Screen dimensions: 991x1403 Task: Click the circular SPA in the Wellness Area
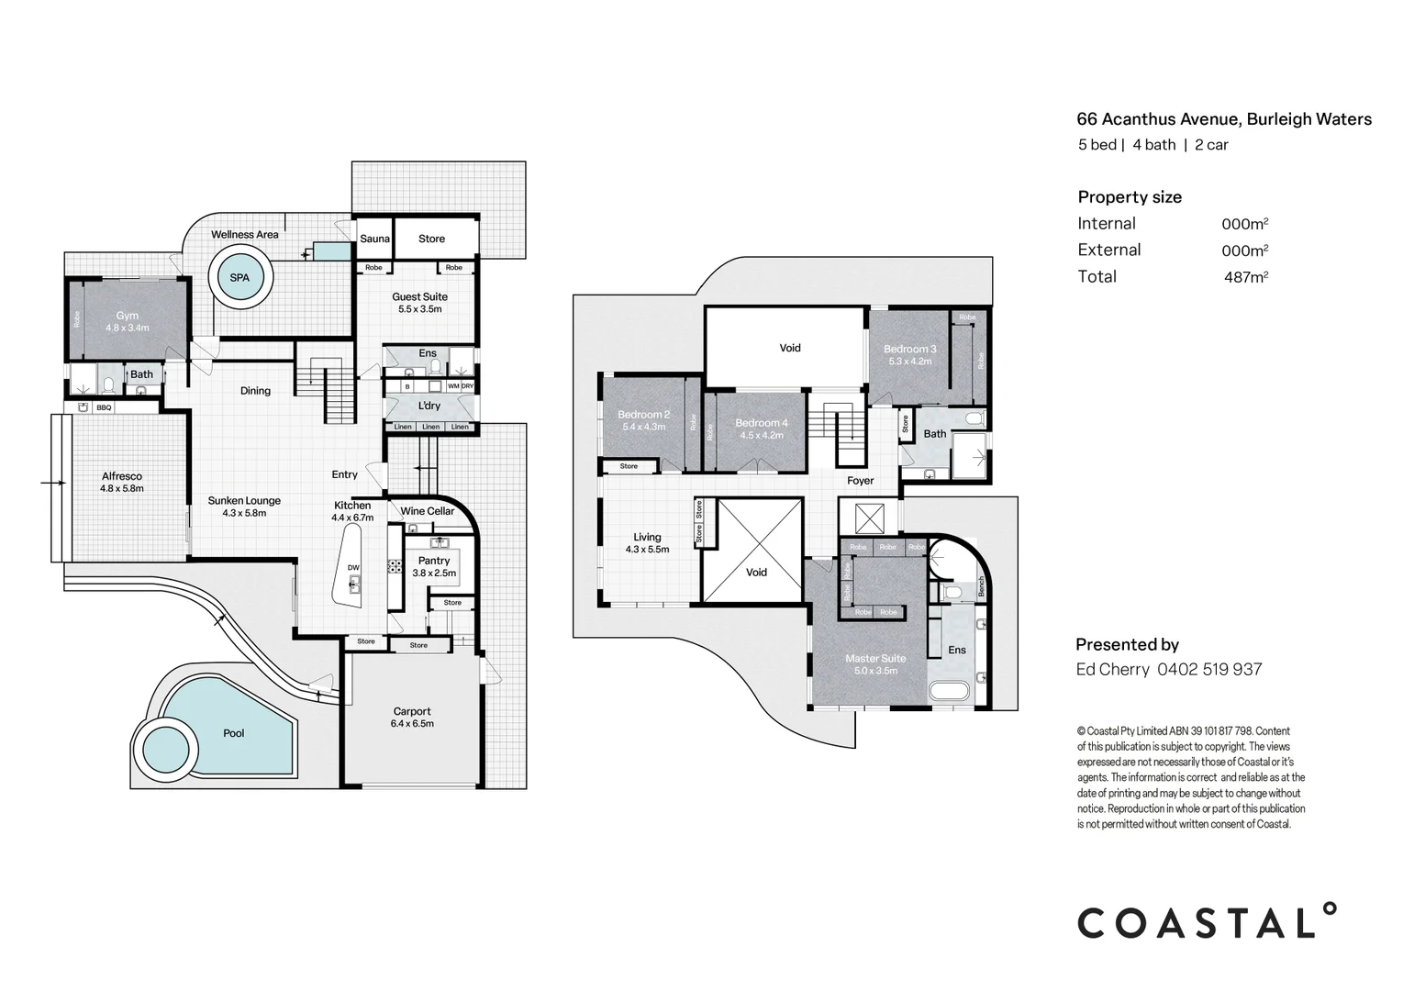(239, 277)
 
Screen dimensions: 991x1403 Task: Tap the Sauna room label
(374, 239)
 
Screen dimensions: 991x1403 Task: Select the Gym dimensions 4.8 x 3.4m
(127, 328)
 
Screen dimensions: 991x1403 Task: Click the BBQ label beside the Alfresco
(104, 407)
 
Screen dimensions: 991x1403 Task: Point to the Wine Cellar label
(427, 511)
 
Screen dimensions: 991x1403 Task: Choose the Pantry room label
(434, 561)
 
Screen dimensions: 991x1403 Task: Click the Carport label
(412, 711)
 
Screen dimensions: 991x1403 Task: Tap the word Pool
(234, 733)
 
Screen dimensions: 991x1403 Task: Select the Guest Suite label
(419, 296)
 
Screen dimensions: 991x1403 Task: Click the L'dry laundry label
(429, 406)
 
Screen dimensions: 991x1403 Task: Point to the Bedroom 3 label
(909, 349)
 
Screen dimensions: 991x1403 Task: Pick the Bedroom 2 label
(643, 415)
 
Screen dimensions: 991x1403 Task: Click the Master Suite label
(875, 658)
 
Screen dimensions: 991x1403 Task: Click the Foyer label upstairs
(860, 481)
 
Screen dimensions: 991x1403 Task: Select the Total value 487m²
(1245, 277)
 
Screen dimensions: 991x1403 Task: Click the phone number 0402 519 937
(1209, 669)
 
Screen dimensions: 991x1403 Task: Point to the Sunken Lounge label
(244, 501)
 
